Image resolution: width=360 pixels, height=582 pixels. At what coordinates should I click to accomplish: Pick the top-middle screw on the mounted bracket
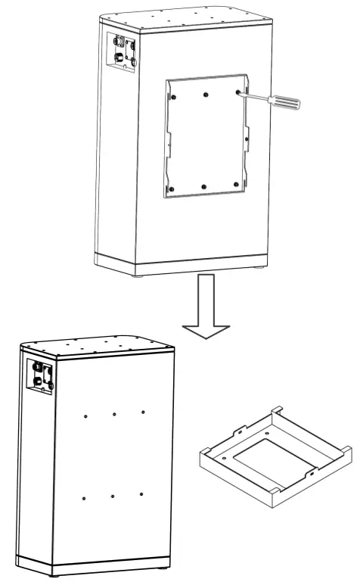click(x=206, y=95)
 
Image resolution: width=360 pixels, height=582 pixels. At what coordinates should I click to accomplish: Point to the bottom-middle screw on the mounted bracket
click(x=204, y=185)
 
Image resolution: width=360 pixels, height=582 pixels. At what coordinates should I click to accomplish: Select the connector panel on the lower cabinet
click(x=40, y=376)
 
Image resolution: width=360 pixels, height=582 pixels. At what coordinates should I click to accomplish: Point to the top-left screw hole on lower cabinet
click(x=85, y=416)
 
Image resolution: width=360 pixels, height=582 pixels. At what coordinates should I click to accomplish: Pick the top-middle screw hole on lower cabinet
click(x=113, y=414)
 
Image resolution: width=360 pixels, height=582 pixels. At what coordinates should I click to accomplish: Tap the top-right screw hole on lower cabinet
click(x=143, y=412)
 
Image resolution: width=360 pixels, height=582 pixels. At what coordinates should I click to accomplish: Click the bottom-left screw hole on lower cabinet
click(x=83, y=498)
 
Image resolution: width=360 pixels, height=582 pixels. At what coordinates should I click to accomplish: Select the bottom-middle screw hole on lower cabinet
click(x=112, y=496)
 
